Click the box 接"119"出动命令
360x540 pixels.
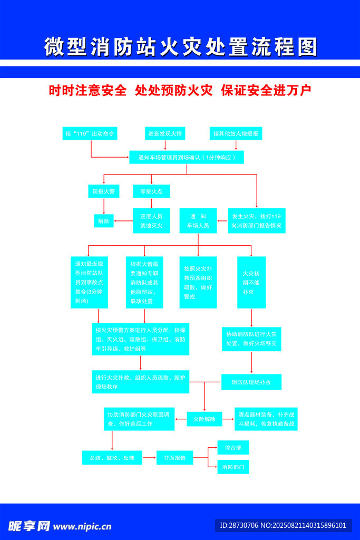point(89,133)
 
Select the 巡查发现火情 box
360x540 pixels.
point(165,133)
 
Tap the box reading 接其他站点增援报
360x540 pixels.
point(236,133)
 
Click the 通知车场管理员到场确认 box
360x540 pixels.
point(187,157)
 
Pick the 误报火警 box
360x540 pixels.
point(103,191)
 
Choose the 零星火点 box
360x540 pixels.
point(151,191)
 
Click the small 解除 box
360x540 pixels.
point(103,221)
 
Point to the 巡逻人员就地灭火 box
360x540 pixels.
point(151,221)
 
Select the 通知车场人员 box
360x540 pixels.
point(198,221)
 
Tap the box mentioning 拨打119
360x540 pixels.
point(256,221)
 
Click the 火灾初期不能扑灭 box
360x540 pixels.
point(251,282)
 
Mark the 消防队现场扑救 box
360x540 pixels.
point(251,382)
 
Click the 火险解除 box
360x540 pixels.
point(204,419)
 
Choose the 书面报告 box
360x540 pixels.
point(174,458)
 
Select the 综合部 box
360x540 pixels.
point(233,448)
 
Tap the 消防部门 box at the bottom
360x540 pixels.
point(233,467)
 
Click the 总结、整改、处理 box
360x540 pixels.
point(112,458)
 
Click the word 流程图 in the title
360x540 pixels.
point(287,47)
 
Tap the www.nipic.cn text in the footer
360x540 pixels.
point(82,526)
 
